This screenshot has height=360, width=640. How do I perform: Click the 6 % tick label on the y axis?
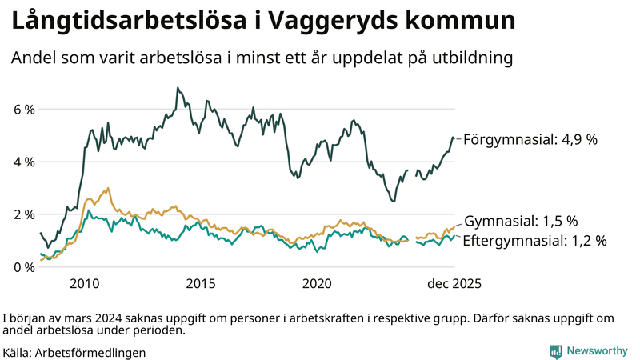click(23, 110)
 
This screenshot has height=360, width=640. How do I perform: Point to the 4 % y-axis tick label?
click(23, 162)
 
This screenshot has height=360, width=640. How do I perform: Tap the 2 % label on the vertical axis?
click(23, 215)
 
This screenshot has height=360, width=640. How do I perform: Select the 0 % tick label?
click(23, 267)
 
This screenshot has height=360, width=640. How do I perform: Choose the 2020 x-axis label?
click(317, 284)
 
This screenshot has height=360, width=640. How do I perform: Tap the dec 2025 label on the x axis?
click(454, 284)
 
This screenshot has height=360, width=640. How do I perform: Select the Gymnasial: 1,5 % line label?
click(521, 222)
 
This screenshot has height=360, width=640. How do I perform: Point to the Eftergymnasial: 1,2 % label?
click(534, 240)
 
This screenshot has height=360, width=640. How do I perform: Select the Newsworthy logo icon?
click(555, 350)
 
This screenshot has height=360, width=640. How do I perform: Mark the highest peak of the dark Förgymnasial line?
click(176, 88)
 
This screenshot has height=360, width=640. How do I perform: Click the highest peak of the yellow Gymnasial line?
click(107, 189)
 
